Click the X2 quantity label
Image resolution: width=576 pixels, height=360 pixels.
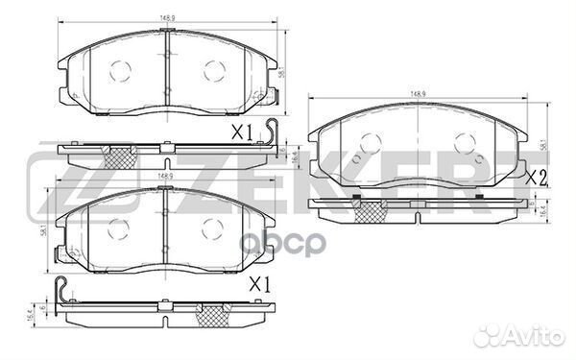click(x=535, y=178)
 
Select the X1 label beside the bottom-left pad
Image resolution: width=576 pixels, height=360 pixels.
click(x=260, y=285)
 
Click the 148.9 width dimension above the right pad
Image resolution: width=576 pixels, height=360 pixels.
click(x=418, y=94)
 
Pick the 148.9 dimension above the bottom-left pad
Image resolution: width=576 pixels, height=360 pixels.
click(x=167, y=177)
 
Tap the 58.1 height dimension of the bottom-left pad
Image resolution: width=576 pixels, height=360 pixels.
click(x=43, y=228)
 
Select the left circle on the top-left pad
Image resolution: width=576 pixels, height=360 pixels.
click(x=121, y=69)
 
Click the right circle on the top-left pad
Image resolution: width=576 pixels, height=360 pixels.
click(x=213, y=69)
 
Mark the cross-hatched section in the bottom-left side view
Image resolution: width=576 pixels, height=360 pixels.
click(x=212, y=314)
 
